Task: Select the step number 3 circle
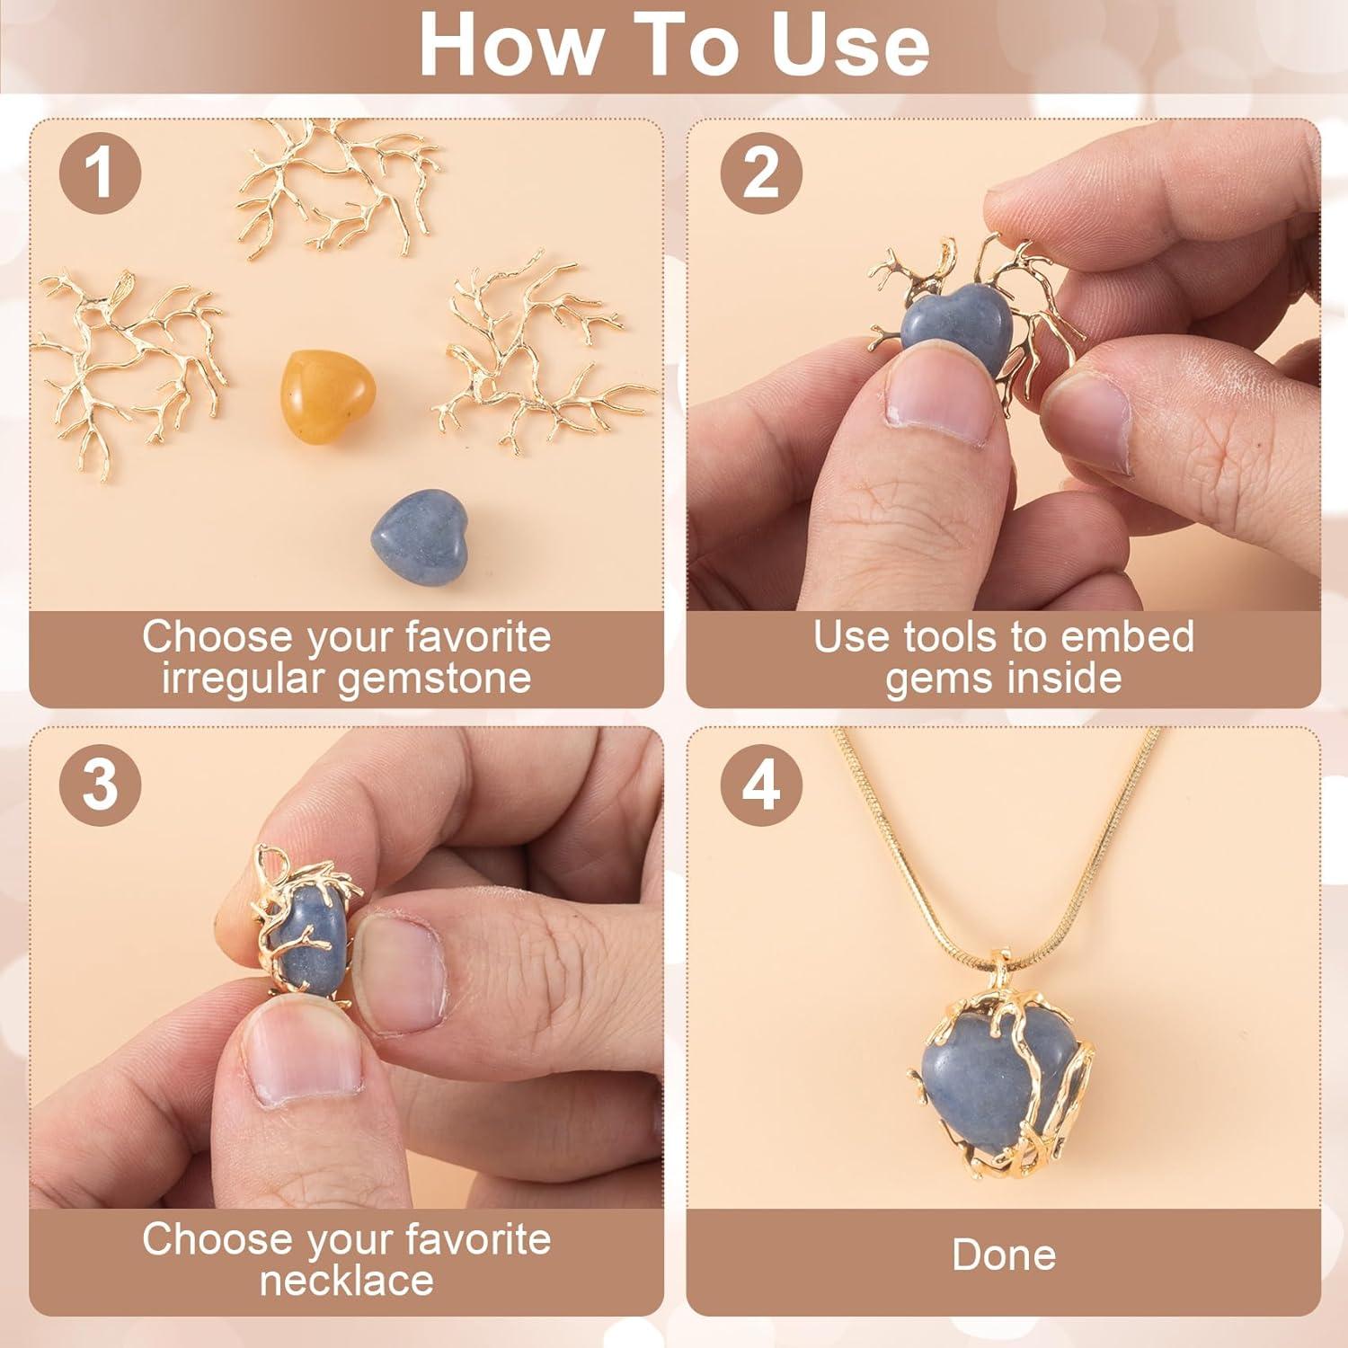click(100, 784)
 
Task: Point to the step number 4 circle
click(761, 784)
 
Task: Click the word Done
click(1003, 1255)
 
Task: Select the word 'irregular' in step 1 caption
click(244, 678)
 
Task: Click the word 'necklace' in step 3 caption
click(346, 1280)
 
